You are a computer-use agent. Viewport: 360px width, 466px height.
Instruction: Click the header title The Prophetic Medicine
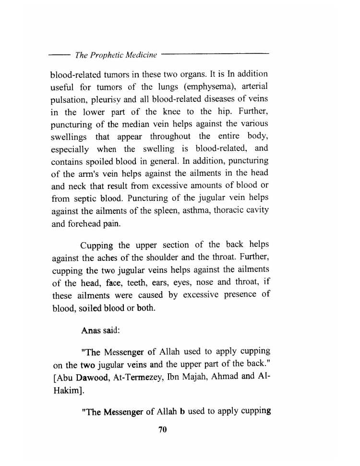coord(116,55)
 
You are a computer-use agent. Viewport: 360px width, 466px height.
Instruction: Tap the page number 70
coord(162,430)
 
